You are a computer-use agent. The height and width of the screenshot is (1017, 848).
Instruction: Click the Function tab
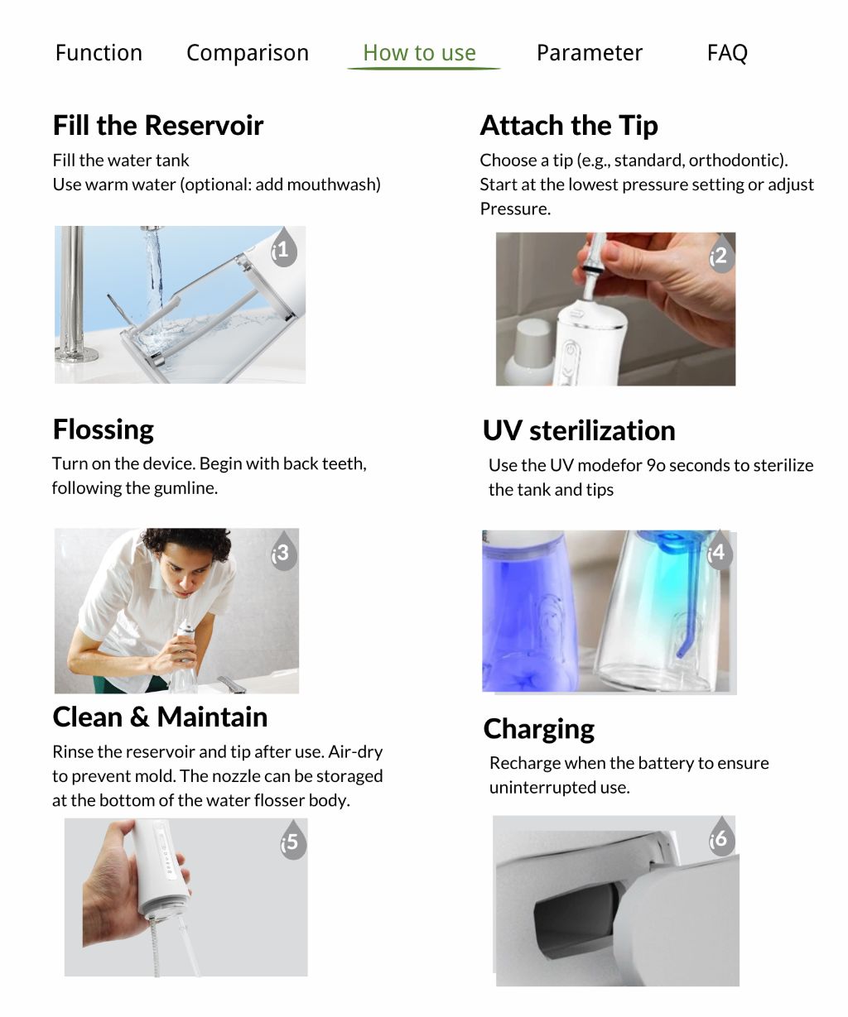point(99,53)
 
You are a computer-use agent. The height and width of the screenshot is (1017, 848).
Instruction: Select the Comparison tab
point(247,53)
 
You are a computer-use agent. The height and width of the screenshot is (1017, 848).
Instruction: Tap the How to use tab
point(420,53)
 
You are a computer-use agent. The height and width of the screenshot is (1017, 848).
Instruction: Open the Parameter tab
point(589,53)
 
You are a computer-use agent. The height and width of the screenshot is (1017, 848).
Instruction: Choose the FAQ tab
point(727,53)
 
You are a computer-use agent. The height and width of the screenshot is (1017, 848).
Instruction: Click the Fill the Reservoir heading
point(158,126)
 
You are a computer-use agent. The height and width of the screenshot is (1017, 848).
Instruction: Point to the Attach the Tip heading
point(569,126)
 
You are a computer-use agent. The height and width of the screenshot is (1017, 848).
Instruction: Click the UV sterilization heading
point(579,430)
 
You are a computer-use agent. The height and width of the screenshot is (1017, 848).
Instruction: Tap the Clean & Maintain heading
point(160,717)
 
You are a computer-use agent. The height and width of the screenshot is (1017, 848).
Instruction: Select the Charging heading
point(539,729)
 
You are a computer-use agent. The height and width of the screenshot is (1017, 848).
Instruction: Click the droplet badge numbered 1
point(282,248)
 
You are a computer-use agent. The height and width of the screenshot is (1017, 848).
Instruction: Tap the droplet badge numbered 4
point(717,551)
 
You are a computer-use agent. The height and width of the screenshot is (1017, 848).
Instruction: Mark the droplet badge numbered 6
point(719,838)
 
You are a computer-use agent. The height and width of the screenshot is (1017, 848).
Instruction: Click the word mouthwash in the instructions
point(337,185)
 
